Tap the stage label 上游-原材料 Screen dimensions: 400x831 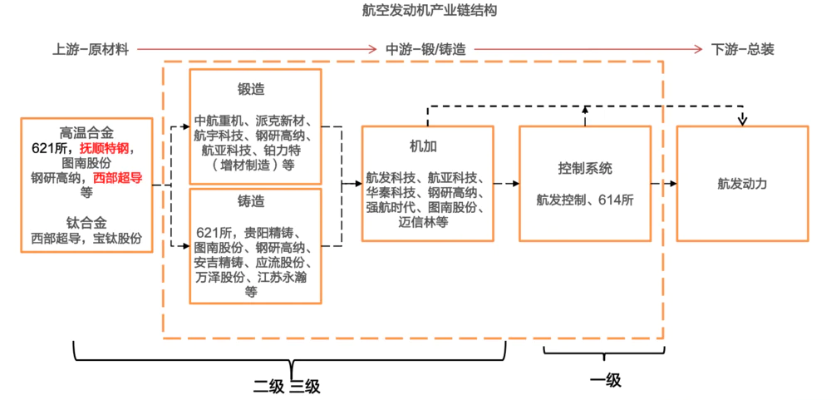(91, 49)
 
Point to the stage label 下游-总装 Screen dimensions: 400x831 (743, 49)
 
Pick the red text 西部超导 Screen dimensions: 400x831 (118, 177)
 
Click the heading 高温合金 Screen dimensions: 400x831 (86, 133)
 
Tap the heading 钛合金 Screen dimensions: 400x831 (86, 223)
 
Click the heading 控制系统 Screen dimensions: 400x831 (585, 169)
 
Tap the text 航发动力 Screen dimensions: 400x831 (742, 184)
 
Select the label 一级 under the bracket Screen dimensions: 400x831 (605, 381)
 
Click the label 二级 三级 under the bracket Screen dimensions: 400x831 (287, 387)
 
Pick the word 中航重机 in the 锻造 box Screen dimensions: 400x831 (219, 120)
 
